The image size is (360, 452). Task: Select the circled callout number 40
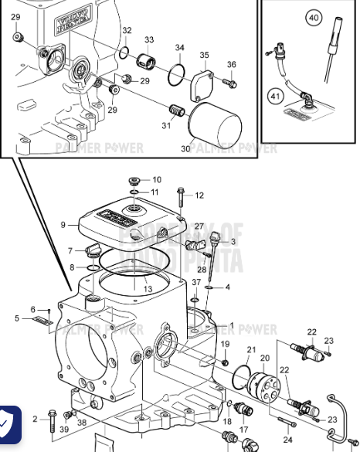click(x=313, y=17)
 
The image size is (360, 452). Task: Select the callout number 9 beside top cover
click(x=64, y=225)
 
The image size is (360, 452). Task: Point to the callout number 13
click(x=148, y=288)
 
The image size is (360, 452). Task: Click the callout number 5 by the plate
click(x=17, y=318)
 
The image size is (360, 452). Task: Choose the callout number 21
click(x=251, y=349)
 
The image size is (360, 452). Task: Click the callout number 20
click(x=265, y=358)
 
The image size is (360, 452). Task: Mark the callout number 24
click(x=288, y=440)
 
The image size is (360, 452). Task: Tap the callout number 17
click(x=243, y=429)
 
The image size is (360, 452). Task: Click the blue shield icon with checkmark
click(x=8, y=424)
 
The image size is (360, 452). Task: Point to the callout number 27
click(x=199, y=226)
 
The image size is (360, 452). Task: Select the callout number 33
click(x=149, y=40)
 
